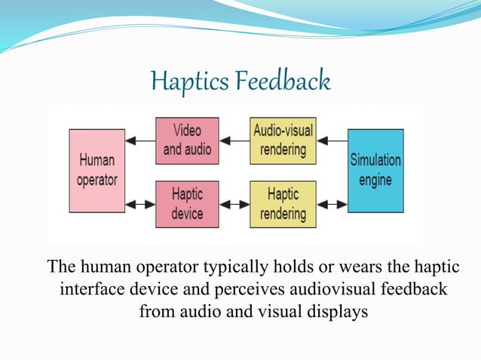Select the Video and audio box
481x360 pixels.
tap(187, 140)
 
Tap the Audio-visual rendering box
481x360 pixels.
tap(283, 140)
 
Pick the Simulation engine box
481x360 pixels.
tap(375, 171)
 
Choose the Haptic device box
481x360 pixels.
tap(187, 204)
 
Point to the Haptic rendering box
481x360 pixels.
tap(283, 204)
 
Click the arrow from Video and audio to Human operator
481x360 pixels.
tap(140, 140)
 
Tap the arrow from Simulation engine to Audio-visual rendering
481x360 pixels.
tap(331, 140)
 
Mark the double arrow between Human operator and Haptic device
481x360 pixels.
tap(140, 204)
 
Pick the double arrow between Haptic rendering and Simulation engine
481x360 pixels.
tap(331, 204)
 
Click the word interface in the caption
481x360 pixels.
tap(91, 290)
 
